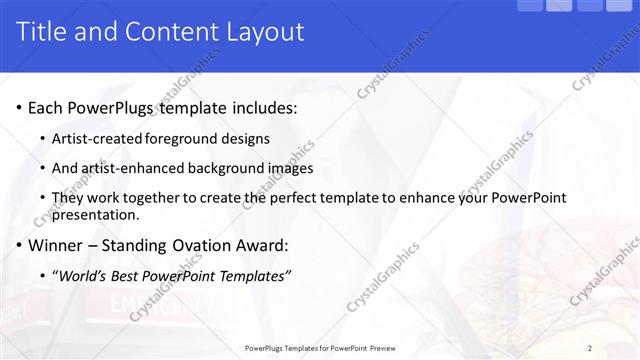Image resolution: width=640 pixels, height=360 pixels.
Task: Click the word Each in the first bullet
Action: click(47, 108)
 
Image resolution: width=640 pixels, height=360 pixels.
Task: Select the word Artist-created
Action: click(97, 138)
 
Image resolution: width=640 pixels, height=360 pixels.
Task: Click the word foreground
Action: click(185, 138)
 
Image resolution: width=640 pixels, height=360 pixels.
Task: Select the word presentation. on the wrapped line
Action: click(96, 214)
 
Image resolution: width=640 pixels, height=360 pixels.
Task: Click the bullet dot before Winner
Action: click(20, 246)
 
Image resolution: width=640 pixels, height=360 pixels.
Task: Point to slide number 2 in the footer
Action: click(590, 348)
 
